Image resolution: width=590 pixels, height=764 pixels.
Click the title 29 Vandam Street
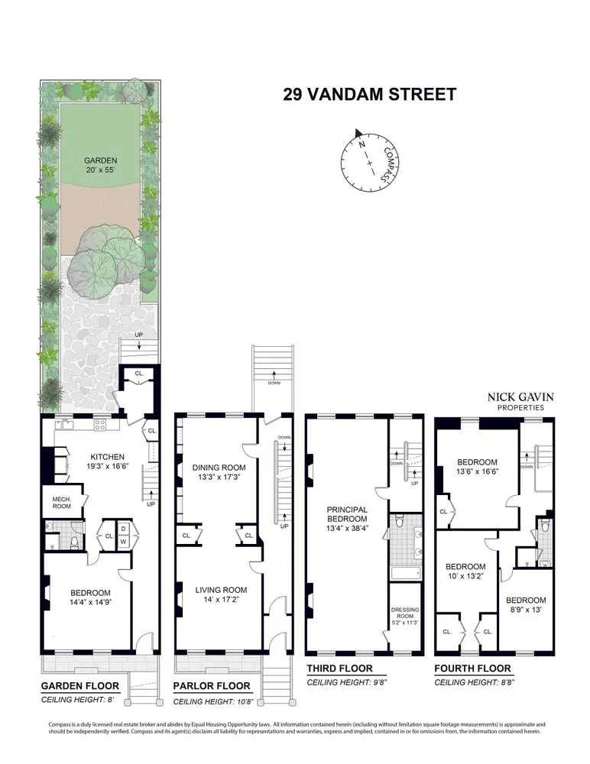pos(369,95)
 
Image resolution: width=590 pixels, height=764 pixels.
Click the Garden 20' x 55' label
pos(101,166)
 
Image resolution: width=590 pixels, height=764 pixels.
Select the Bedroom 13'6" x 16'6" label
pos(477,467)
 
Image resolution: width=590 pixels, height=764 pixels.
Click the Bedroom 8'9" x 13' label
pos(526,604)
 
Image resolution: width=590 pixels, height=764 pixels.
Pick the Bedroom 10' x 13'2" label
pos(466,571)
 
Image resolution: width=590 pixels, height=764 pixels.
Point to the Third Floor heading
pos(339,668)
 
